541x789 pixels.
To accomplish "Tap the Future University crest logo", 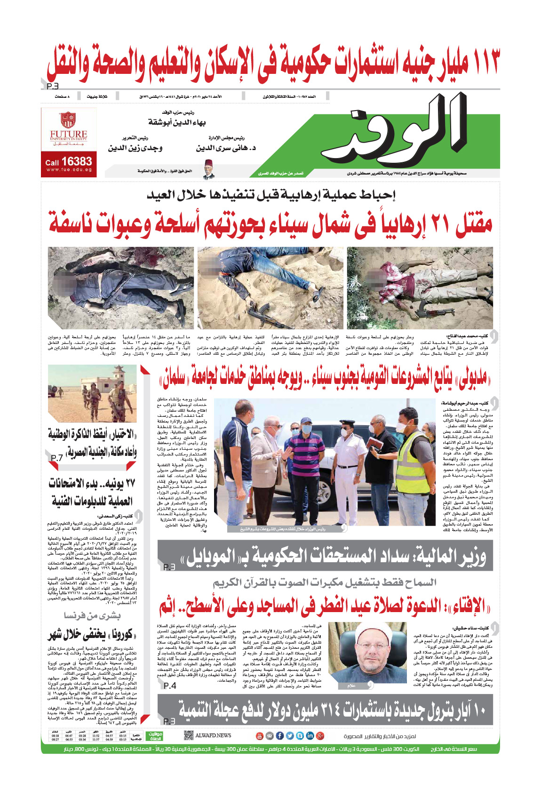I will [x=68, y=120].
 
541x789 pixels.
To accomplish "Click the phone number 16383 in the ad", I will [x=77, y=161].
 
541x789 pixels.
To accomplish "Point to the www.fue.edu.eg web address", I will [x=69, y=170].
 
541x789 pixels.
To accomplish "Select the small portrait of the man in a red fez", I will [x=209, y=169].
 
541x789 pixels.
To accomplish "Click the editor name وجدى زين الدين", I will [x=135, y=148].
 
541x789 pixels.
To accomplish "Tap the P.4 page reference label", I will [x=170, y=685].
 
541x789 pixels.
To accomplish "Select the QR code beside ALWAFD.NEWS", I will [x=189, y=735].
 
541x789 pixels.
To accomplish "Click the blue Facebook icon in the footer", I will [x=279, y=736].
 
